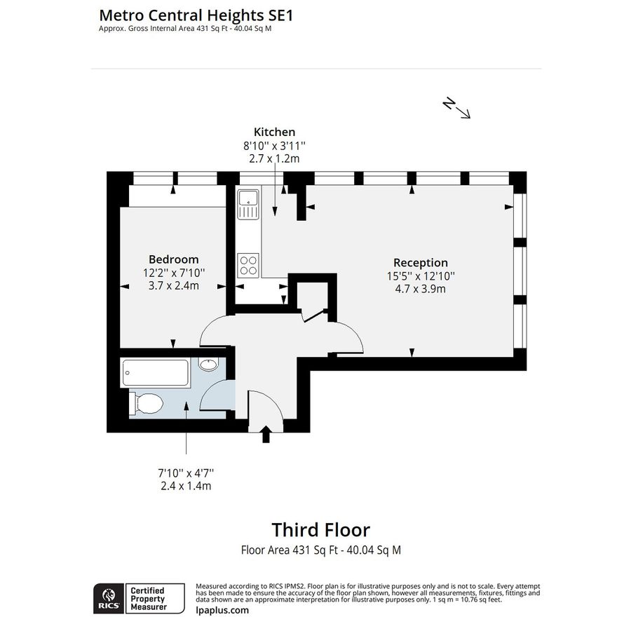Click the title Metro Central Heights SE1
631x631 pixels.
(196, 14)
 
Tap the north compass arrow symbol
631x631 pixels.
(456, 109)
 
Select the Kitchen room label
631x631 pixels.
(274, 132)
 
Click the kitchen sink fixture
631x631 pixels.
(247, 205)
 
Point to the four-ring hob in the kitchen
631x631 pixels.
(248, 264)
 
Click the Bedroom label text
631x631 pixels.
(173, 259)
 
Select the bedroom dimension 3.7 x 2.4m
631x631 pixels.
(173, 285)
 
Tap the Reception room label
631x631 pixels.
(420, 263)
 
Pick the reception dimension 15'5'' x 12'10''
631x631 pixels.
(420, 276)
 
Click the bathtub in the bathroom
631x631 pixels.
(155, 373)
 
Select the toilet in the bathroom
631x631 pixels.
(146, 403)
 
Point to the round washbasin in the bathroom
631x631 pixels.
(208, 365)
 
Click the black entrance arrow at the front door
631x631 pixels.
(266, 435)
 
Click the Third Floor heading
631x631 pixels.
(320, 529)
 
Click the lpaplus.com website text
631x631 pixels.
(222, 610)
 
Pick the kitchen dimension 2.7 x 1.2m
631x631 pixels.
(274, 158)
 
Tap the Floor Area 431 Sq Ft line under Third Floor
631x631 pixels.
(320, 550)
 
